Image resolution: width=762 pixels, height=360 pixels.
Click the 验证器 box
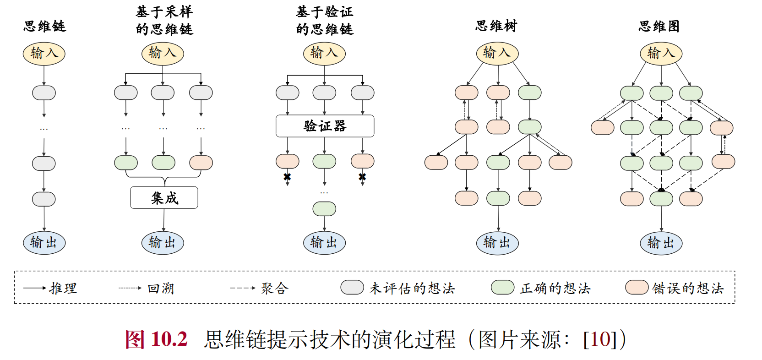tap(325, 126)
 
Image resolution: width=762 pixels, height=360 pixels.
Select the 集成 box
tap(164, 198)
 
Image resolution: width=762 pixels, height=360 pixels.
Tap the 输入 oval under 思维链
tap(44, 54)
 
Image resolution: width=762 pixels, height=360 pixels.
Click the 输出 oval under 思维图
tap(661, 243)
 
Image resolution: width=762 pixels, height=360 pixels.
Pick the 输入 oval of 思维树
tap(497, 53)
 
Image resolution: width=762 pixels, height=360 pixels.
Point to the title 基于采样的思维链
tap(164, 21)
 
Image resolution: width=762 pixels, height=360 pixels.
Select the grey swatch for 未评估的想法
tap(352, 288)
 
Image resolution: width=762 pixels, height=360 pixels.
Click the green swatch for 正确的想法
tap(502, 288)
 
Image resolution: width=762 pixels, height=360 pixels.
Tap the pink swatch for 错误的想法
tap(637, 288)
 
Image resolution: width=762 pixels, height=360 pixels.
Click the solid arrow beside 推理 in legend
tap(35, 288)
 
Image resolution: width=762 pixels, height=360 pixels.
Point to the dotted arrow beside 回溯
tap(130, 288)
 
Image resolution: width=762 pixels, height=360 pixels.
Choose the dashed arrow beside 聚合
tap(243, 288)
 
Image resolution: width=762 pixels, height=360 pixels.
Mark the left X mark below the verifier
tap(287, 177)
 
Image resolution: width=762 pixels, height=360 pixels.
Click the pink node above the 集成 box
tap(201, 163)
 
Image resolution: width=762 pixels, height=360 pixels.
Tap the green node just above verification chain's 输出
tap(324, 209)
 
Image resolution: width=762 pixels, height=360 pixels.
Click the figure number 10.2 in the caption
tap(169, 339)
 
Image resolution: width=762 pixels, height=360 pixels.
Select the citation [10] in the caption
tap(600, 339)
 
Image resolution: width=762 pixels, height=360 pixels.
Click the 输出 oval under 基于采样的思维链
tap(163, 243)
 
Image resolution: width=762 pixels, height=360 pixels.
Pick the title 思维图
tap(659, 26)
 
